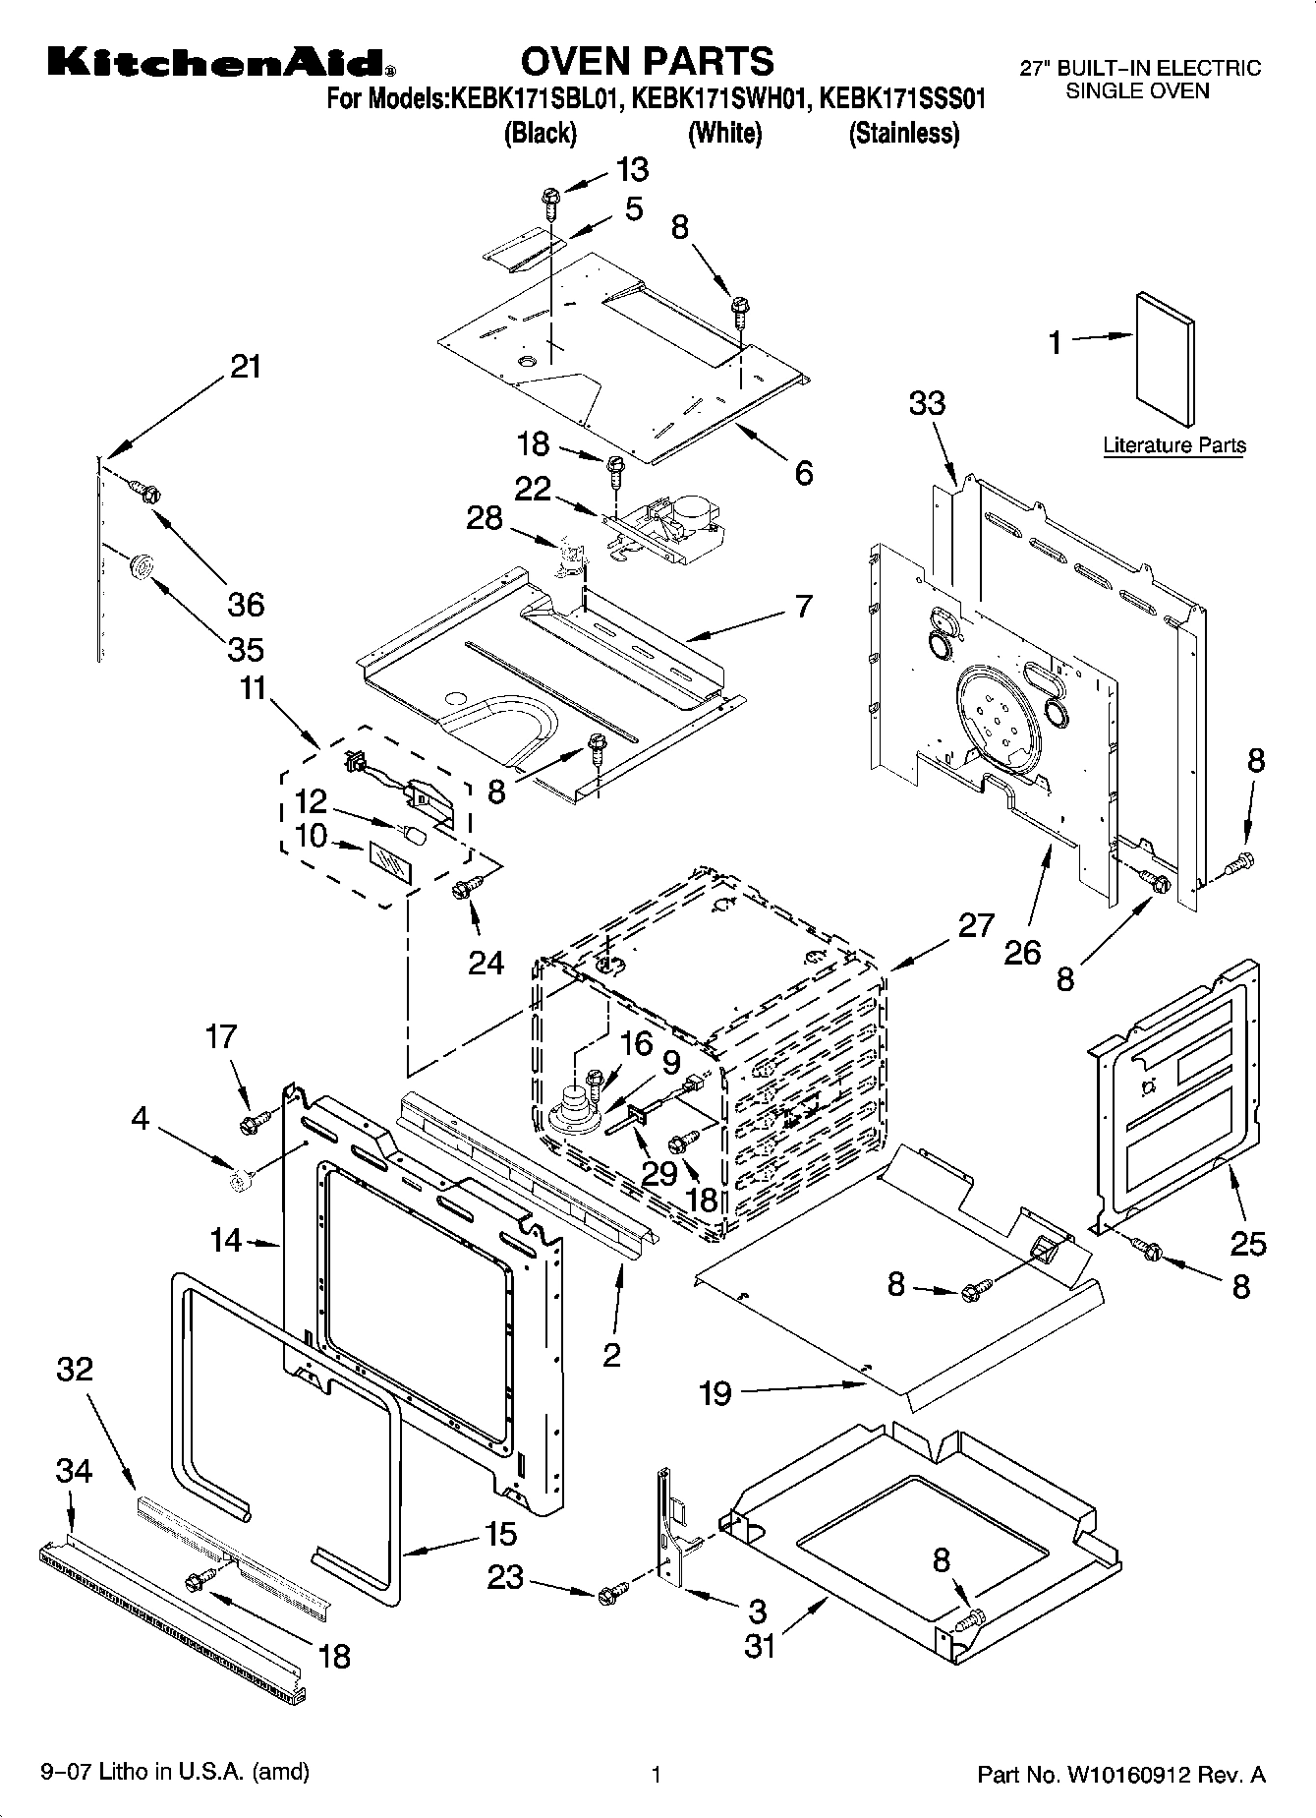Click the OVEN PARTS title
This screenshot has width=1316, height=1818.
647,61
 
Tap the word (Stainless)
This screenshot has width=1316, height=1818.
903,133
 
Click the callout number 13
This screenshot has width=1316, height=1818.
633,169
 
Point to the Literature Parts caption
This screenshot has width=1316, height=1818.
1173,444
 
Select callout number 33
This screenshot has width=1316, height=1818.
927,402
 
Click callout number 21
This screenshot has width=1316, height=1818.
246,367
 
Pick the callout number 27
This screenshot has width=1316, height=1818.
975,925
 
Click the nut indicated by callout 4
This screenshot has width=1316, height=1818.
237,1181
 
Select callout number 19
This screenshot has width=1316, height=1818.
715,1393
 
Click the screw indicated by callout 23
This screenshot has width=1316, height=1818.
610,1591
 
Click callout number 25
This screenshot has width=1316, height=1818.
1248,1244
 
